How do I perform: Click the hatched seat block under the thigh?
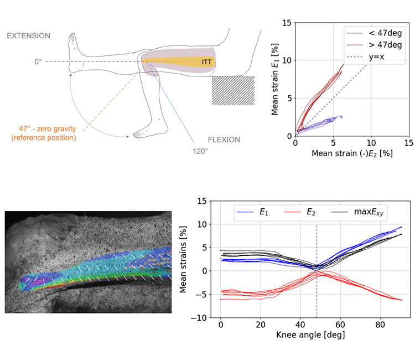[233, 90]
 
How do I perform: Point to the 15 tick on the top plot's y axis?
[286, 23]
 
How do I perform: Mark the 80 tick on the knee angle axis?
[380, 325]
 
